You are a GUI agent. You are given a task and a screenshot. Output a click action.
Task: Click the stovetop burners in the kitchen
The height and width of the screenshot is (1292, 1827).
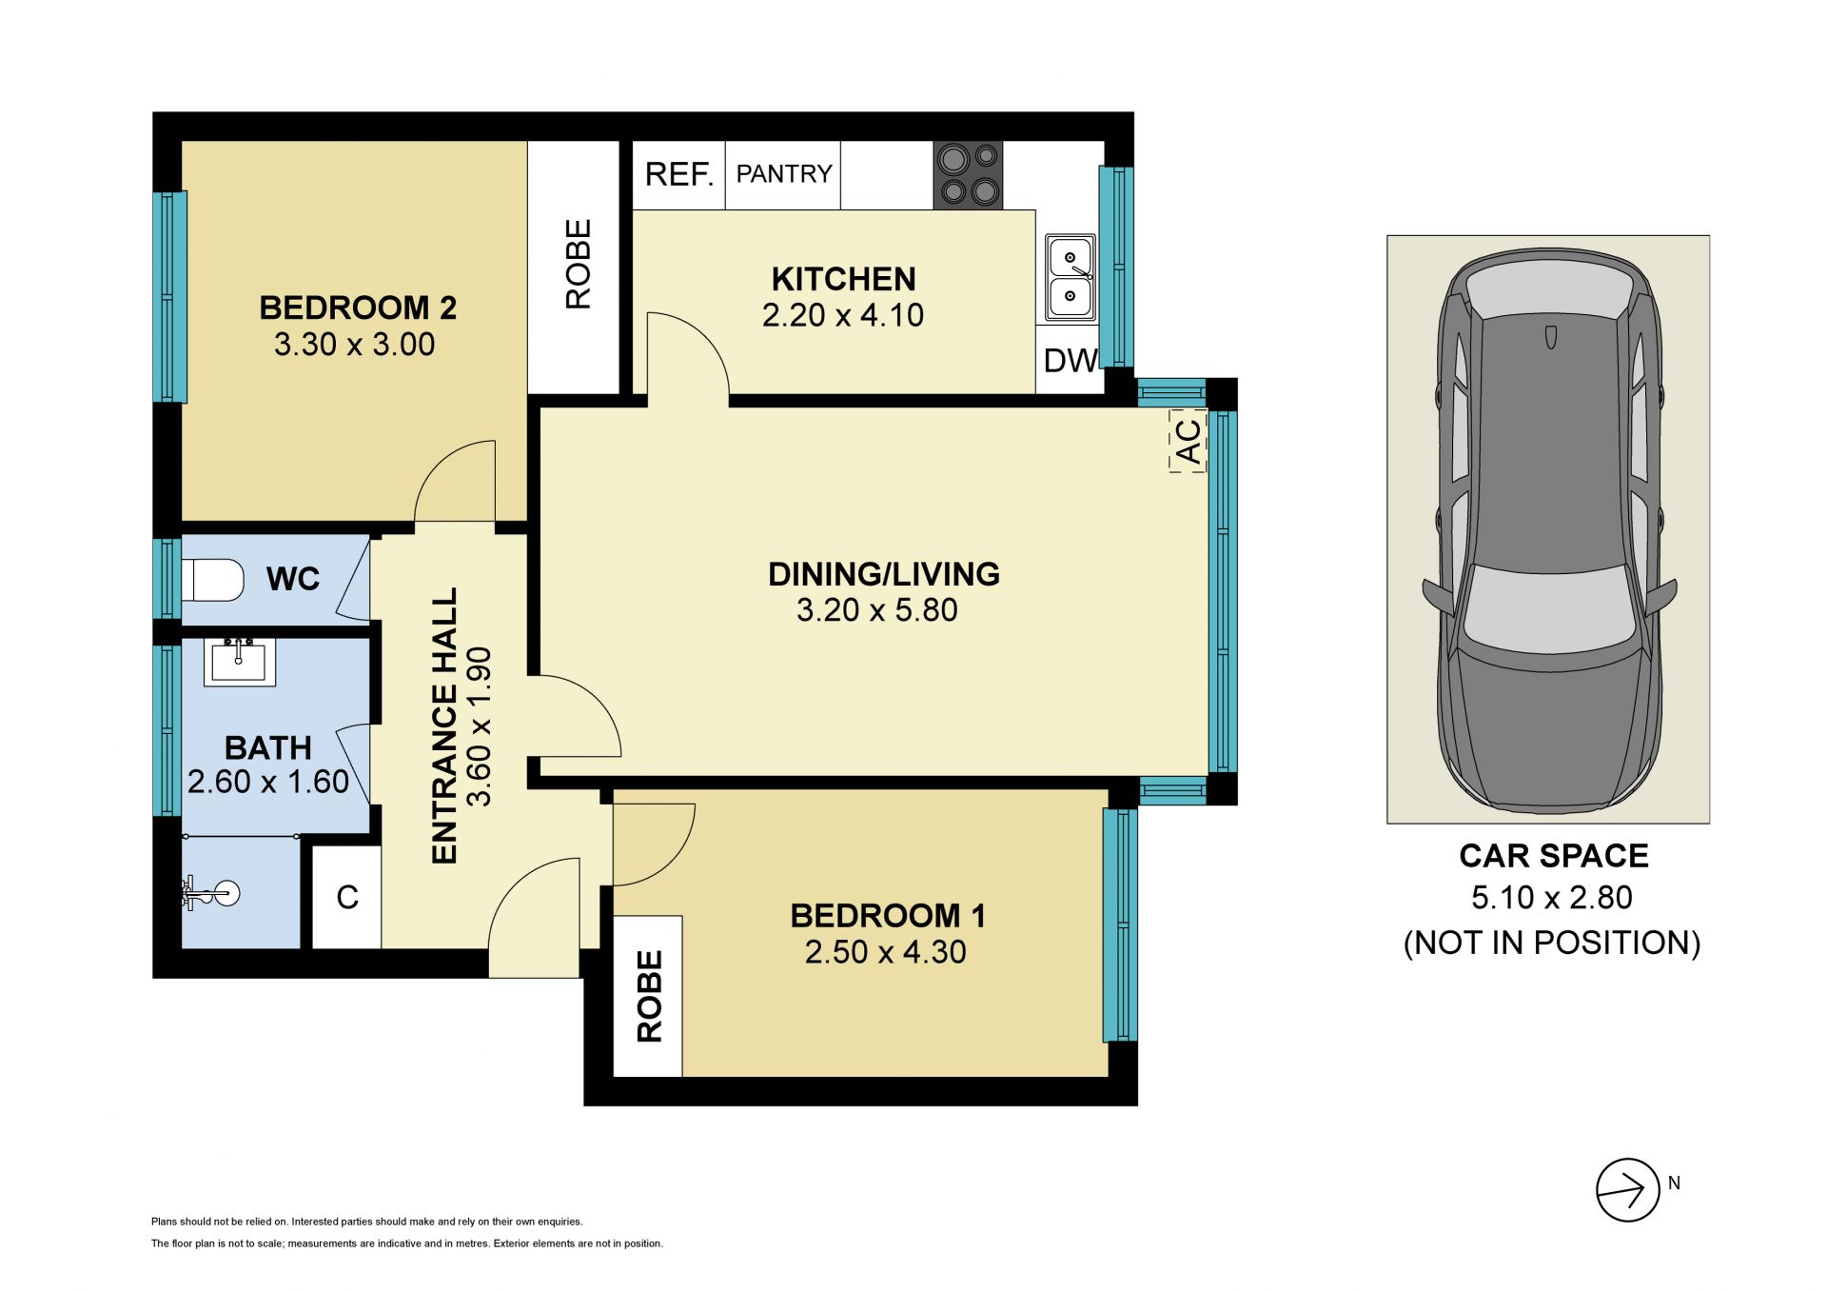[x=968, y=175]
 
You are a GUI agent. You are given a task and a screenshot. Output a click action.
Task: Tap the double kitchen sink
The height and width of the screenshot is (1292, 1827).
[x=1071, y=278]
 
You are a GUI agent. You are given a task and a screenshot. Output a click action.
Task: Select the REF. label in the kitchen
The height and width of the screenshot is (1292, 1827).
[x=678, y=174]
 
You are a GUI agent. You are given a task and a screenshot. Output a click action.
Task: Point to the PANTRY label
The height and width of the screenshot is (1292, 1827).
[x=784, y=173]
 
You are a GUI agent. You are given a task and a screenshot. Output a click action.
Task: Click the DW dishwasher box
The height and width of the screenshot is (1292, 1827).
[x=1071, y=360]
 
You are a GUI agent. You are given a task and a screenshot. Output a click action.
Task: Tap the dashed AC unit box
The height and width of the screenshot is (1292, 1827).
[x=1188, y=441]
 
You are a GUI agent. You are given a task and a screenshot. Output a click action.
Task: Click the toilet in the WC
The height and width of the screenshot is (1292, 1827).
[x=213, y=580]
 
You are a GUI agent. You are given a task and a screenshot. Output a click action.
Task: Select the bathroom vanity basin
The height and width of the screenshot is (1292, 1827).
[x=239, y=662]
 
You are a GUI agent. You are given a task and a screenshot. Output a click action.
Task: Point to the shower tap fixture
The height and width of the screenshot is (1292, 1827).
[x=210, y=894]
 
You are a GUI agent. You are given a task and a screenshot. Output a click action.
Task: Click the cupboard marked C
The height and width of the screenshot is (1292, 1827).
[x=346, y=897]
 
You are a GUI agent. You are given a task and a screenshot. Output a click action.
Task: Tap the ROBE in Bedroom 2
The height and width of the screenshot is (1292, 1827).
[x=574, y=268]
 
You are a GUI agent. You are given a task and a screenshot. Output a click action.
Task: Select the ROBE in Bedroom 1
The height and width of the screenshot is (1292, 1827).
[x=648, y=996]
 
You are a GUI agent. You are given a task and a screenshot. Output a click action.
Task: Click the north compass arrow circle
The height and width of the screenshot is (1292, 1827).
[x=1628, y=1190]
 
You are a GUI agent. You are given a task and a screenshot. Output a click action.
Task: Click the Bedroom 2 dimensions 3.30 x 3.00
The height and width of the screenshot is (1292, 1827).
[x=354, y=345]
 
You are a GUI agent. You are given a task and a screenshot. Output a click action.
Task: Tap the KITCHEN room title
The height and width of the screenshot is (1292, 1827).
[x=843, y=279]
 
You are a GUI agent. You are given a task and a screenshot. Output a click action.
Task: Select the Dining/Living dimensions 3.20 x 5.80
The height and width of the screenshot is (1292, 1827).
[x=876, y=610]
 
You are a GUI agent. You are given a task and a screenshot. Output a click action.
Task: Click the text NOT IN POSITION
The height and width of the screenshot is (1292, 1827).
[x=1552, y=943]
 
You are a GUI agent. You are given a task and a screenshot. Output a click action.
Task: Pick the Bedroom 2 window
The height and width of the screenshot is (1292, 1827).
[x=170, y=296]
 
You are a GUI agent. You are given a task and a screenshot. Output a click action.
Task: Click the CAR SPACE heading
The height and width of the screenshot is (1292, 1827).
[x=1554, y=856]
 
